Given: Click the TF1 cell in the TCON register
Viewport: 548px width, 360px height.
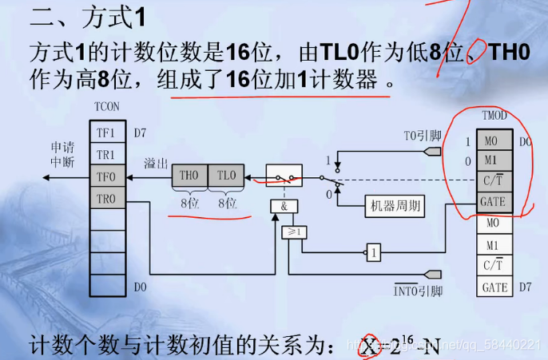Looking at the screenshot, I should tap(106, 133).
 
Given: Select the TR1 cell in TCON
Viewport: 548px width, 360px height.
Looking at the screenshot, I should tap(106, 155).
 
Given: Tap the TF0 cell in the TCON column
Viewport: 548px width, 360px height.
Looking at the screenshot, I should tap(106, 176).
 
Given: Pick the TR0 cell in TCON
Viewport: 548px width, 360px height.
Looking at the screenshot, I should tap(106, 198).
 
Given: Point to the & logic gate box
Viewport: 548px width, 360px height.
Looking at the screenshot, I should tap(284, 205).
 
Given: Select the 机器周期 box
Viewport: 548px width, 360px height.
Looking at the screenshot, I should tap(394, 205).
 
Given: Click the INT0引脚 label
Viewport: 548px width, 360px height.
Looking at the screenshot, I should tap(418, 291).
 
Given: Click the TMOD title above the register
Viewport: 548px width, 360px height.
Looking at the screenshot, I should tap(494, 116).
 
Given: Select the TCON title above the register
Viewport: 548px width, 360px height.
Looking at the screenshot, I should tap(106, 105).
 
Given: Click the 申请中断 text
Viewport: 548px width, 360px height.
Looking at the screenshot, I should tap(62, 155).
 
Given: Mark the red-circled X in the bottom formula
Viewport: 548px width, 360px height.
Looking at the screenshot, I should tap(368, 346).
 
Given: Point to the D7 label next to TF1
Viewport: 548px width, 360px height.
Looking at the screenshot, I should tap(140, 133).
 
